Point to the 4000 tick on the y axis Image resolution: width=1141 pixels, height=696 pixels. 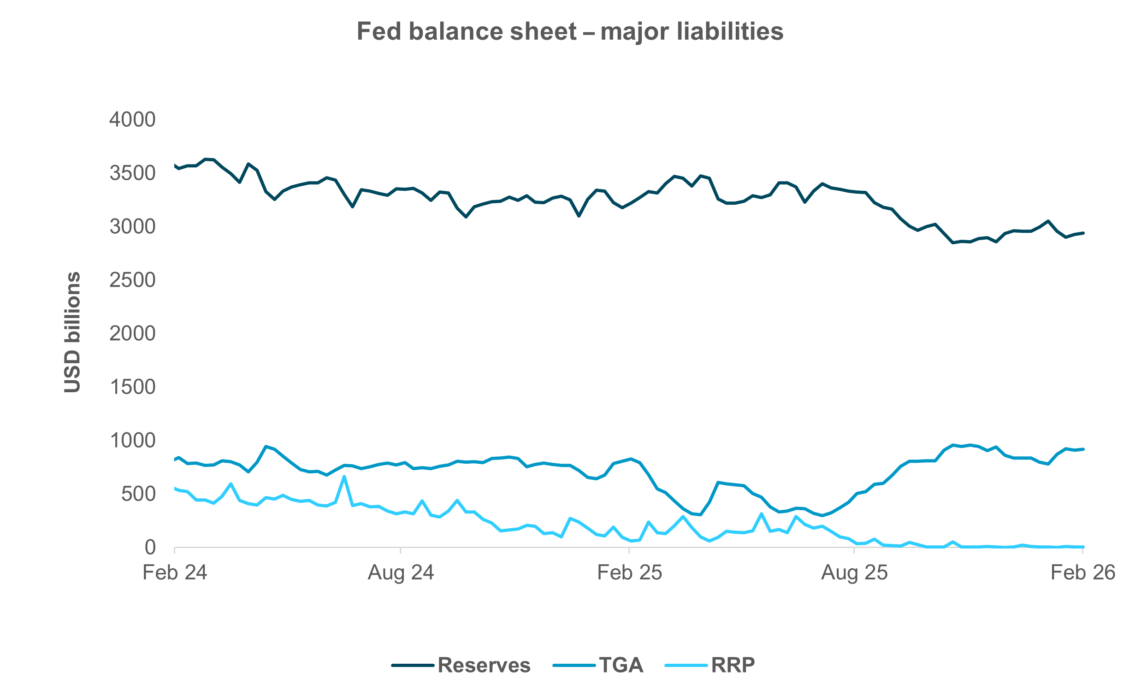(132, 119)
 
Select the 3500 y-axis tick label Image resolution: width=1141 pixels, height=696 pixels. (132, 173)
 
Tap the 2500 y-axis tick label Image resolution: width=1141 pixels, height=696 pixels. (132, 280)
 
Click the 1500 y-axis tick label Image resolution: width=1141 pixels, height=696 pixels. (132, 387)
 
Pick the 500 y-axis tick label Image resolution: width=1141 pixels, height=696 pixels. (138, 494)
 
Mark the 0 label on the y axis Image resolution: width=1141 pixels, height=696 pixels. (149, 548)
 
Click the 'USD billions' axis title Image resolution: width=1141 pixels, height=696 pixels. (73, 332)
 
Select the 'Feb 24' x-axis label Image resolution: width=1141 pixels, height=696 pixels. (175, 573)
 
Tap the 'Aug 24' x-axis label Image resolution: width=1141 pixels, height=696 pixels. (401, 573)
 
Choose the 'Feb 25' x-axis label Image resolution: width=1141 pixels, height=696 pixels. (629, 573)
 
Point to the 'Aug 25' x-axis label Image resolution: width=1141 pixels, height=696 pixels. (854, 573)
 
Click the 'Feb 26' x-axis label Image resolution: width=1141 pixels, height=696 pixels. (1082, 573)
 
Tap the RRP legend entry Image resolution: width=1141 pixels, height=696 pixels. (709, 666)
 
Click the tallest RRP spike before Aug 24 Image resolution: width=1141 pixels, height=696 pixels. (344, 477)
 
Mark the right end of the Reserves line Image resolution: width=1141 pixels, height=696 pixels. (1083, 233)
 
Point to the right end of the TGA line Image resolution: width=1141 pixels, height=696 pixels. (1083, 449)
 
